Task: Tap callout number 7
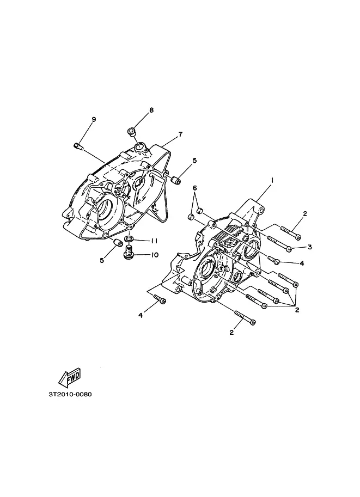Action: point(179,134)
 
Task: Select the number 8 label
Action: point(151,111)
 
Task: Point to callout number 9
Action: point(93,119)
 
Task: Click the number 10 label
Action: point(154,254)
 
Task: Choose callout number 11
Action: point(154,241)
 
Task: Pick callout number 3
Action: point(309,247)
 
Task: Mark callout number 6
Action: point(195,188)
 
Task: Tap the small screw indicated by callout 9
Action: point(77,145)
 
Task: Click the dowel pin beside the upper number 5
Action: point(175,179)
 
